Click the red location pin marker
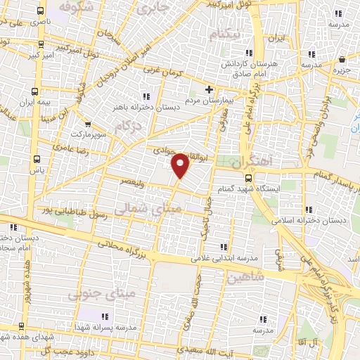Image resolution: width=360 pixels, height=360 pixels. tap(181, 165)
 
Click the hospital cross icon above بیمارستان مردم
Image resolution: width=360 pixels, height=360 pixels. tap(209, 90)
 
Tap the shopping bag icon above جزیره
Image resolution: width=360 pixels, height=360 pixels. tap(342, 59)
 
